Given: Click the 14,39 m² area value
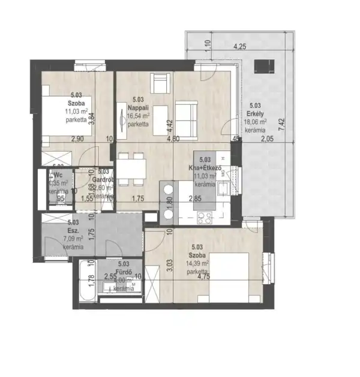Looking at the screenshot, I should [x=197, y=263].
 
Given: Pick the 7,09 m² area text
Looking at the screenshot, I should [x=73, y=238].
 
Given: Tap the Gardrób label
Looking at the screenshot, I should [x=103, y=179].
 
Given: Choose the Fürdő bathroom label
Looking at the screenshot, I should [x=124, y=272].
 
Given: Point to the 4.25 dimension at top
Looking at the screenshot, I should [x=239, y=46].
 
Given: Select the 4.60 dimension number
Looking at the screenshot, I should [x=173, y=139].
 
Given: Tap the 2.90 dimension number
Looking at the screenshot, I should [x=77, y=139].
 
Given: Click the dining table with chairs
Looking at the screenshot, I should [x=131, y=168].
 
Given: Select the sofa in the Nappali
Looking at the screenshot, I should [x=187, y=111].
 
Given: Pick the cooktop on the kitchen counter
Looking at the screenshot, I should [x=205, y=218].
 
